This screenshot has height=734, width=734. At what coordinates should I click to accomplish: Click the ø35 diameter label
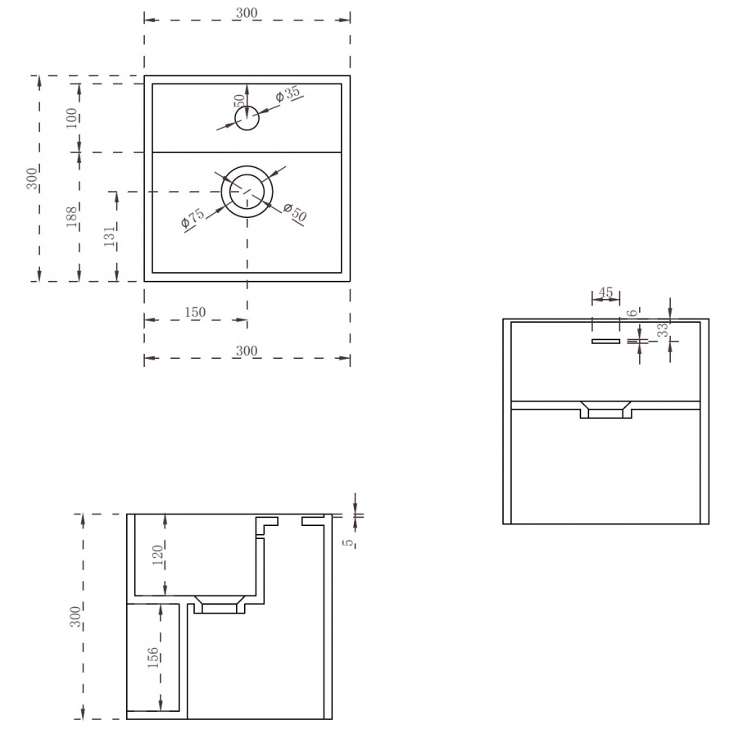tap(288, 93)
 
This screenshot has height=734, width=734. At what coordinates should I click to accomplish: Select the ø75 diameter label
tap(193, 218)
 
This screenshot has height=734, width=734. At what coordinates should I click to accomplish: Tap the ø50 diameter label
tap(295, 212)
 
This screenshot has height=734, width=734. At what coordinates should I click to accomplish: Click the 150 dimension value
tap(195, 312)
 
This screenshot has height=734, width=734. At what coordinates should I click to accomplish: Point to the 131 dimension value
tap(109, 237)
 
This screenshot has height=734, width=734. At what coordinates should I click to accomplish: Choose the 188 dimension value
tap(71, 217)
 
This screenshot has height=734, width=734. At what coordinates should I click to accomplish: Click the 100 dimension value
tap(71, 118)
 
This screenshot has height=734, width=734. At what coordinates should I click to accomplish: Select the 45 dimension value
tap(605, 292)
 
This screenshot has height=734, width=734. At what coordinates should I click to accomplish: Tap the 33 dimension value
tap(663, 330)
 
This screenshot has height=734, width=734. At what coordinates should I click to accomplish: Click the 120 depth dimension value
tap(158, 555)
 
